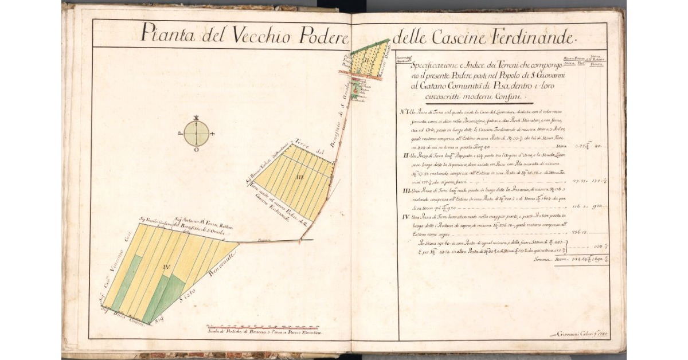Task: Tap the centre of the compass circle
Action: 197,134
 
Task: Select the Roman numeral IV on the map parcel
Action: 165,266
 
